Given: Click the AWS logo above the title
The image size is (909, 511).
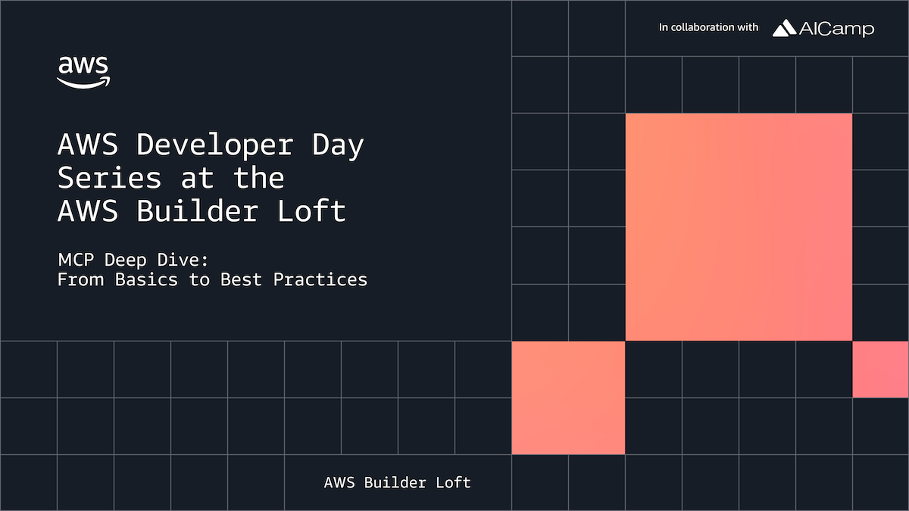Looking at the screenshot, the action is click(83, 73).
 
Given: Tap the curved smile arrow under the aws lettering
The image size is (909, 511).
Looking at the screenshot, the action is click(83, 83).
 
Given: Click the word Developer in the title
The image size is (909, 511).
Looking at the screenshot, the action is click(214, 145).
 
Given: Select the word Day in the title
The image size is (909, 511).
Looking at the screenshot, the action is click(338, 145).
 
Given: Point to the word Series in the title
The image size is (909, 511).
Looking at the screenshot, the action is click(110, 179).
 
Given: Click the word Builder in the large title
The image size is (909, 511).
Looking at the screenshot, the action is click(197, 211).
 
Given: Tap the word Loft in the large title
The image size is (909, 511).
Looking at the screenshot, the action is click(311, 211).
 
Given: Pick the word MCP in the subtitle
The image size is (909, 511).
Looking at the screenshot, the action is click(76, 260).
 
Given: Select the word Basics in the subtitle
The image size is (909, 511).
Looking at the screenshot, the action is click(146, 279).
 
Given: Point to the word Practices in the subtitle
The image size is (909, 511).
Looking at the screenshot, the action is click(320, 279).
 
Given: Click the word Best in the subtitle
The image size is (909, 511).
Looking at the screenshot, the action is click(241, 279).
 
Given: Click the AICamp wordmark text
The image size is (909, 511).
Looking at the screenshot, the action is click(837, 29).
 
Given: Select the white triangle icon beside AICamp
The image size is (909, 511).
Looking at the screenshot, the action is click(784, 28).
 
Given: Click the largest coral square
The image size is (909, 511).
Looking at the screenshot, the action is click(739, 227).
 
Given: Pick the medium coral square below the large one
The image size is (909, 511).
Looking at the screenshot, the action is click(568, 397).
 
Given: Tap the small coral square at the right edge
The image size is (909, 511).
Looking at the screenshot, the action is click(880, 369).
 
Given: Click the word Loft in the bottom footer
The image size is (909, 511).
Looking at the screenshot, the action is click(453, 483).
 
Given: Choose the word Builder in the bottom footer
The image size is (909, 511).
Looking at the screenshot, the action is click(395, 483).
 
